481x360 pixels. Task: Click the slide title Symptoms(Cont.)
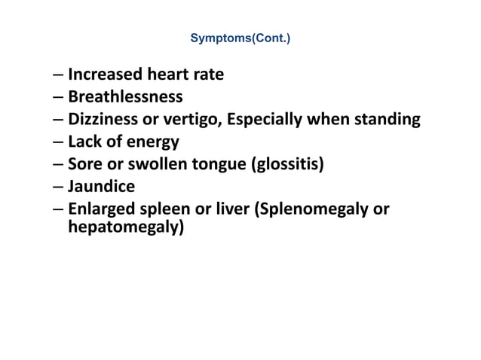tap(240, 36)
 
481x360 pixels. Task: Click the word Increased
tap(105, 75)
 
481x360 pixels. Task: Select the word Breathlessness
tap(125, 96)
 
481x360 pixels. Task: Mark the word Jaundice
tap(101, 185)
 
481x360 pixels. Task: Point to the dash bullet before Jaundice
tap(58, 185)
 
